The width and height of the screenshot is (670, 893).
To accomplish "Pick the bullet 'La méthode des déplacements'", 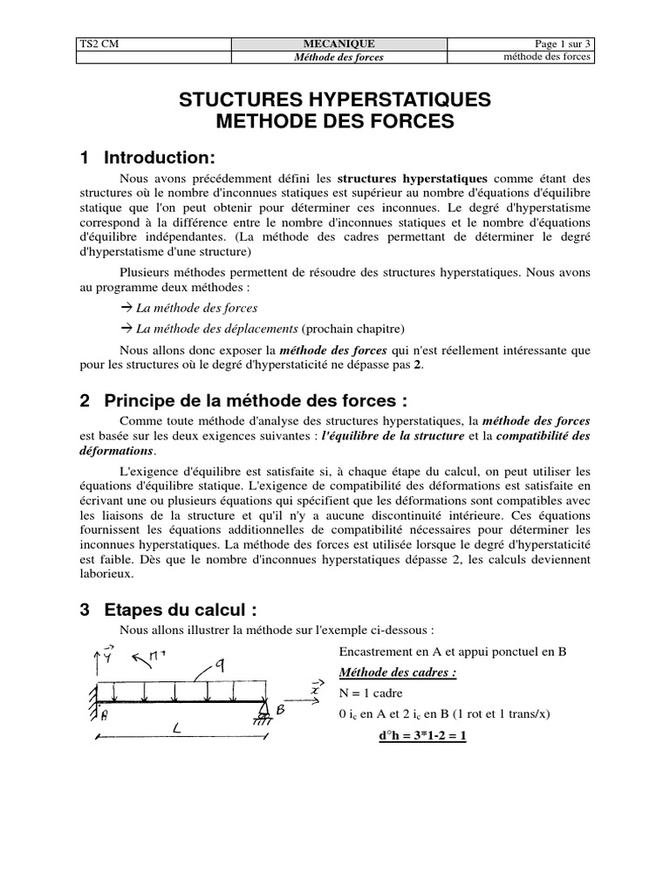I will coord(218,329).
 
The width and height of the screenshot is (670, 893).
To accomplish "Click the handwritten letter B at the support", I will coord(281,711).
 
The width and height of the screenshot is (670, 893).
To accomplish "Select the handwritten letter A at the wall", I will coord(103,717).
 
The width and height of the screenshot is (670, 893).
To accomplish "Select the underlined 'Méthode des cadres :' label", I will coord(397,672).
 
